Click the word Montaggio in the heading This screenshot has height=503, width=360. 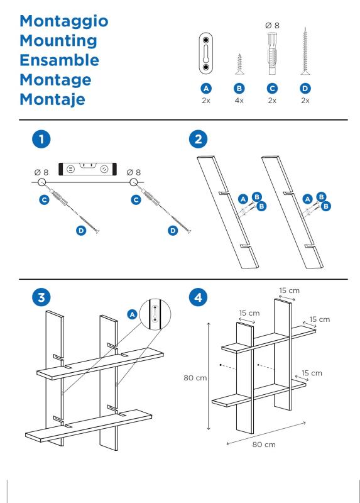(64, 22)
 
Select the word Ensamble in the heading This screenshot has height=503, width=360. (59, 60)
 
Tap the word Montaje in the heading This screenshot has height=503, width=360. (52, 100)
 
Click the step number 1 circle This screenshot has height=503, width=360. (41, 139)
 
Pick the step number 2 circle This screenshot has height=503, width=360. (198, 139)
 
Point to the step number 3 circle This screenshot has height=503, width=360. (41, 297)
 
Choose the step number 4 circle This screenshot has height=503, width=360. (198, 297)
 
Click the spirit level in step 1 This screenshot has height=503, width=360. (87, 169)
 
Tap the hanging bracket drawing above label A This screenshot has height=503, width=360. (206, 53)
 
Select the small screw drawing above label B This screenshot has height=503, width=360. (239, 65)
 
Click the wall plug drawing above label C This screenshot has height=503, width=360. (272, 53)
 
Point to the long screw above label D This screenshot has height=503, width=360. (305, 52)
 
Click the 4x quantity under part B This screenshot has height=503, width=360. (239, 101)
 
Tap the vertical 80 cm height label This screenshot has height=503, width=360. (195, 378)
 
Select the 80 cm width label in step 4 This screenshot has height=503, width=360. (264, 445)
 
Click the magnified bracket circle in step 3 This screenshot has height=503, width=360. (155, 314)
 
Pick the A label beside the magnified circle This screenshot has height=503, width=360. (132, 314)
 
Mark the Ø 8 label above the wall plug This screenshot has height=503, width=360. (272, 25)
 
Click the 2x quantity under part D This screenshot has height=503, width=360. (305, 101)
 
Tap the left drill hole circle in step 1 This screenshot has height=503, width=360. (41, 182)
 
